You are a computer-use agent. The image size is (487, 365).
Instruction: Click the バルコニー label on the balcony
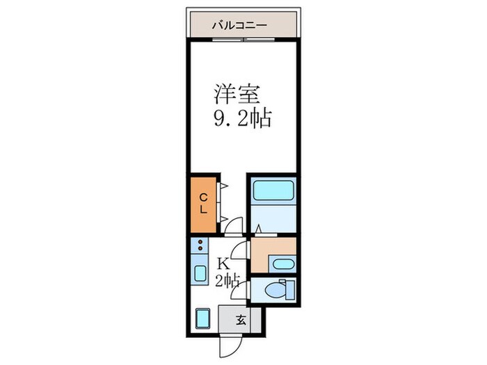tap(243, 26)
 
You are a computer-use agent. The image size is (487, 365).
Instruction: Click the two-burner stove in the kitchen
tap(200, 245)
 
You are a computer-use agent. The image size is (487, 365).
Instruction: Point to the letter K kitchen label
tap(223, 263)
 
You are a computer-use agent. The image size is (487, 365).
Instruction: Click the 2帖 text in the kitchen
tap(227, 281)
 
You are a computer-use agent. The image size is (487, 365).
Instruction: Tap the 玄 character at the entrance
tap(240, 321)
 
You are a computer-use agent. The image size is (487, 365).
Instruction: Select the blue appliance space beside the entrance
tap(203, 318)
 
